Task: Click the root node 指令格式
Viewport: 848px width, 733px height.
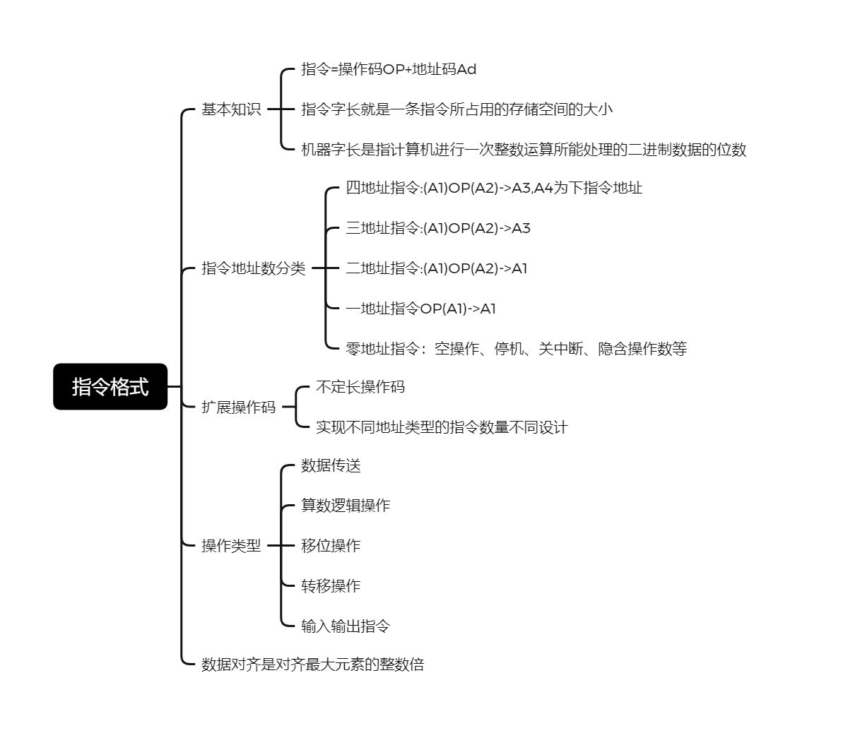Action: (x=110, y=386)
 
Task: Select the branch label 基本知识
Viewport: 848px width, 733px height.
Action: (x=231, y=109)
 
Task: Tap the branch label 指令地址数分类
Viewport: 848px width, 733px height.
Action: (x=253, y=268)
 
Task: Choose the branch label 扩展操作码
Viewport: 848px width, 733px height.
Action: (x=238, y=407)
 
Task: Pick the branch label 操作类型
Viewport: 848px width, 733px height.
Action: (x=231, y=546)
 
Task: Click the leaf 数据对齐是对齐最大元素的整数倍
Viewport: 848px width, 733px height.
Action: (x=312, y=665)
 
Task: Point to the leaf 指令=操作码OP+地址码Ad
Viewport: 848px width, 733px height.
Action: (x=389, y=69)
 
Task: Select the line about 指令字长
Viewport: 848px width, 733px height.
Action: (x=457, y=109)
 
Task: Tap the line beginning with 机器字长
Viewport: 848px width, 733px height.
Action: (x=524, y=150)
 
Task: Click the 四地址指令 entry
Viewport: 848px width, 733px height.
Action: (x=494, y=188)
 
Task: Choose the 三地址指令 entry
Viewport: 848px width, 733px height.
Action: (x=437, y=228)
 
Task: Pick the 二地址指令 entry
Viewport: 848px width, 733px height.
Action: (x=436, y=268)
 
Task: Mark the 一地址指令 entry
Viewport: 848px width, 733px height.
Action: (x=420, y=309)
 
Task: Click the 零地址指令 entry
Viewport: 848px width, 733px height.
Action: (x=516, y=349)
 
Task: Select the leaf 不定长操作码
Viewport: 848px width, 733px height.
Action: (x=360, y=387)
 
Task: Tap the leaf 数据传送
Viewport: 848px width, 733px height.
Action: (x=331, y=465)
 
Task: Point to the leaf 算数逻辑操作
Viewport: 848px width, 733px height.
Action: (x=346, y=506)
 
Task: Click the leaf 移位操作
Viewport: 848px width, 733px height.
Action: (x=331, y=546)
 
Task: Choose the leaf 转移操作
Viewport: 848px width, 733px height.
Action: (x=331, y=586)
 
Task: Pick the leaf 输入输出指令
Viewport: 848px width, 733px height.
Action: (x=346, y=626)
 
